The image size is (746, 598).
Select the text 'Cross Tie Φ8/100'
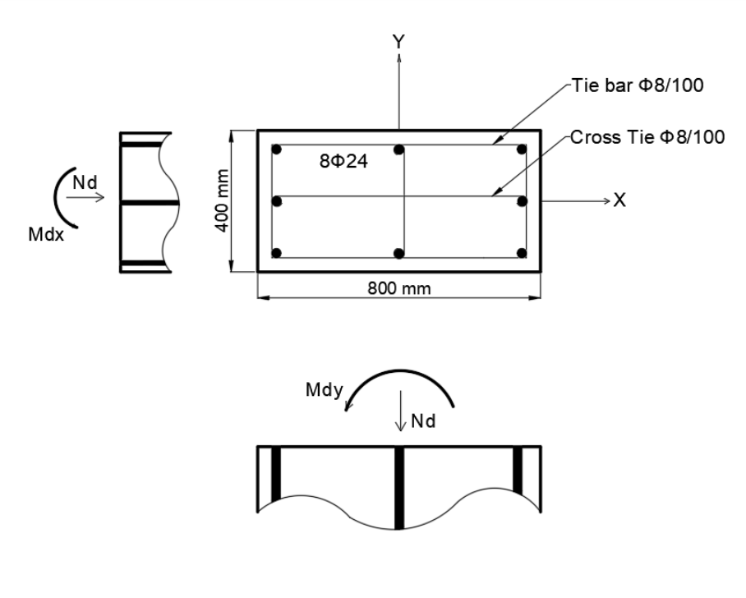click(x=647, y=137)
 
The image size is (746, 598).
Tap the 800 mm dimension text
click(x=398, y=287)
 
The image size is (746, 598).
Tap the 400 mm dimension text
click(x=219, y=200)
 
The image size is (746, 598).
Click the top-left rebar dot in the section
click(x=278, y=150)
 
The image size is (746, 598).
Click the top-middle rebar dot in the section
click(x=398, y=150)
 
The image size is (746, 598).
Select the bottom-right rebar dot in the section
click(x=521, y=253)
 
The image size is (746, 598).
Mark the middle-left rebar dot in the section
click(x=278, y=200)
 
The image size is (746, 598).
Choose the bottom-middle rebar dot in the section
click(x=398, y=253)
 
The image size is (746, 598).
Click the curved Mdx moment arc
click(x=57, y=197)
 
